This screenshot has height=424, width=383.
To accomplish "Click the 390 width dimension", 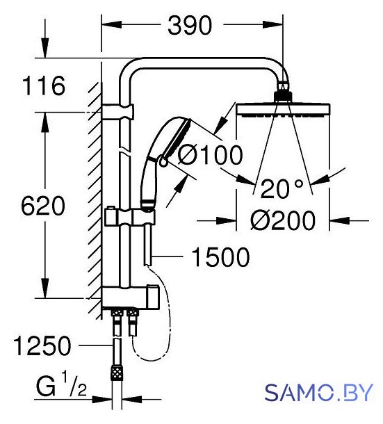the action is pos(190,26).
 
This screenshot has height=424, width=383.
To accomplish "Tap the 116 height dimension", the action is pos(44,85).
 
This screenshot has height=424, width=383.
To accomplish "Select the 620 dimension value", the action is pos(43,206).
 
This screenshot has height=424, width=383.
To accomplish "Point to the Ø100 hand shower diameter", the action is pos(210,155).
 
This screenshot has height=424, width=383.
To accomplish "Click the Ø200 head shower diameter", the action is pos(283,220).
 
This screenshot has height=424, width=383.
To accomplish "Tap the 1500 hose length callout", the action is pos(220,257).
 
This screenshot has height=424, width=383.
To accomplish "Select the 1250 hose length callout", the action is pos(42,346).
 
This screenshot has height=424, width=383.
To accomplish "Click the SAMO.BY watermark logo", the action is pos(318,393).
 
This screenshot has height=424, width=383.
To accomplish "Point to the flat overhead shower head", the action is pos(283,111).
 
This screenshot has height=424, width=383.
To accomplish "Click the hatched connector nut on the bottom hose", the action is pos(117,373).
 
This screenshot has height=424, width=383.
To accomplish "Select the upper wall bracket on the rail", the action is pos(118,111).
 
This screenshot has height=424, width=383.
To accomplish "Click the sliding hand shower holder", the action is pos(130,216).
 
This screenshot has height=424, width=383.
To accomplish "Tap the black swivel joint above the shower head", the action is pos(283,96).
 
